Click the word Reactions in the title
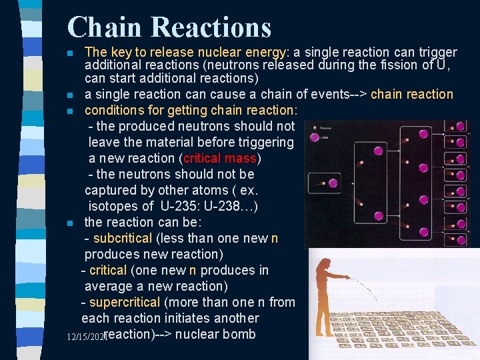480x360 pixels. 211,27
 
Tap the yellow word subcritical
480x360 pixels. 123,238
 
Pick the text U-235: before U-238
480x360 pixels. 184,206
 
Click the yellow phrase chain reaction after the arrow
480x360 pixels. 411,95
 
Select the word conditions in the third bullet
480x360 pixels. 113,110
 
